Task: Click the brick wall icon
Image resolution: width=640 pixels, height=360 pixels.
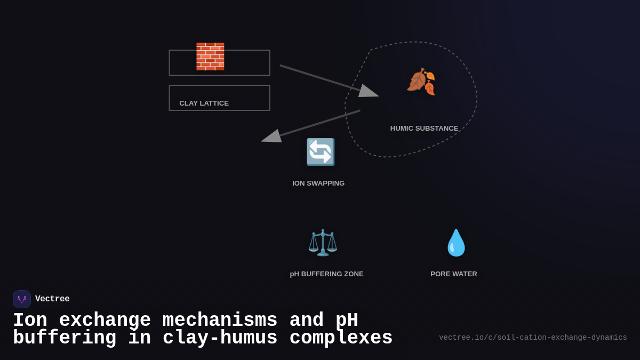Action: [210, 57]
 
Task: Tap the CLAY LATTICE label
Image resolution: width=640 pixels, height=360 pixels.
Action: [204, 103]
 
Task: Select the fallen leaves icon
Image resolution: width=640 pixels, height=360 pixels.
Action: [421, 82]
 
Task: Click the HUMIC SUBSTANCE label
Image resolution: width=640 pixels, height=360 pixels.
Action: [424, 128]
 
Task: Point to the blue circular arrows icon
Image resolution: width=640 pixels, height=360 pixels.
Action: [320, 152]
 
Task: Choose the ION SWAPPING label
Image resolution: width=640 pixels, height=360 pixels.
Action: [318, 183]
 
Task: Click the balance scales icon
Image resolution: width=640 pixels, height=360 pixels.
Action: [323, 243]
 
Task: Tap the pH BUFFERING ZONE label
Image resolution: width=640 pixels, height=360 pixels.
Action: [326, 274]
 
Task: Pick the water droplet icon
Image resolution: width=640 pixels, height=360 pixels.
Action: [456, 243]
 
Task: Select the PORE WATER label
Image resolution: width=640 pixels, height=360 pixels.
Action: [454, 274]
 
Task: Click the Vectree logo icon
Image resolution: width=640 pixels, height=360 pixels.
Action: [22, 299]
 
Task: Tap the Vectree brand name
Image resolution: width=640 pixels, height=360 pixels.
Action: [52, 299]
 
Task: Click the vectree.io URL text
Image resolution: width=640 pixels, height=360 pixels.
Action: [533, 338]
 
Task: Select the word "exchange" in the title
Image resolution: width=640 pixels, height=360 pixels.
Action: [105, 321]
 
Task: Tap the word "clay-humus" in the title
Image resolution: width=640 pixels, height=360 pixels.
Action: [220, 338]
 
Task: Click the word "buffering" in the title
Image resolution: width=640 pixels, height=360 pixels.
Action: [65, 338]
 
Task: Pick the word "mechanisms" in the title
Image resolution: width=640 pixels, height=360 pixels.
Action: [220, 321]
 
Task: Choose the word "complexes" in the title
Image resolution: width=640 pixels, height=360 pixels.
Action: [341, 338]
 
